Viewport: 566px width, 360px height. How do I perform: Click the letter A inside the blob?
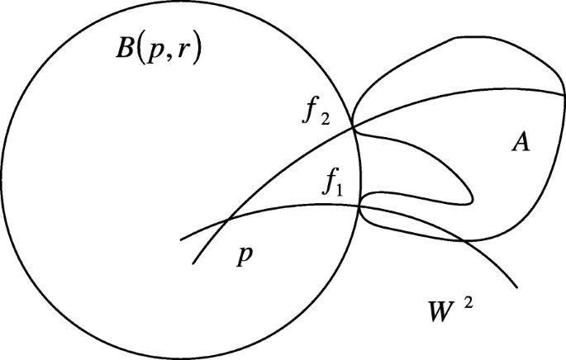click(x=520, y=144)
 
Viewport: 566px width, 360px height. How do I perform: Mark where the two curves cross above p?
click(x=228, y=220)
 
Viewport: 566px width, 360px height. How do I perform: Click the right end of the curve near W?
click(x=517, y=287)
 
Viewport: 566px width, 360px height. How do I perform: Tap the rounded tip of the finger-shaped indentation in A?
click(x=472, y=198)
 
